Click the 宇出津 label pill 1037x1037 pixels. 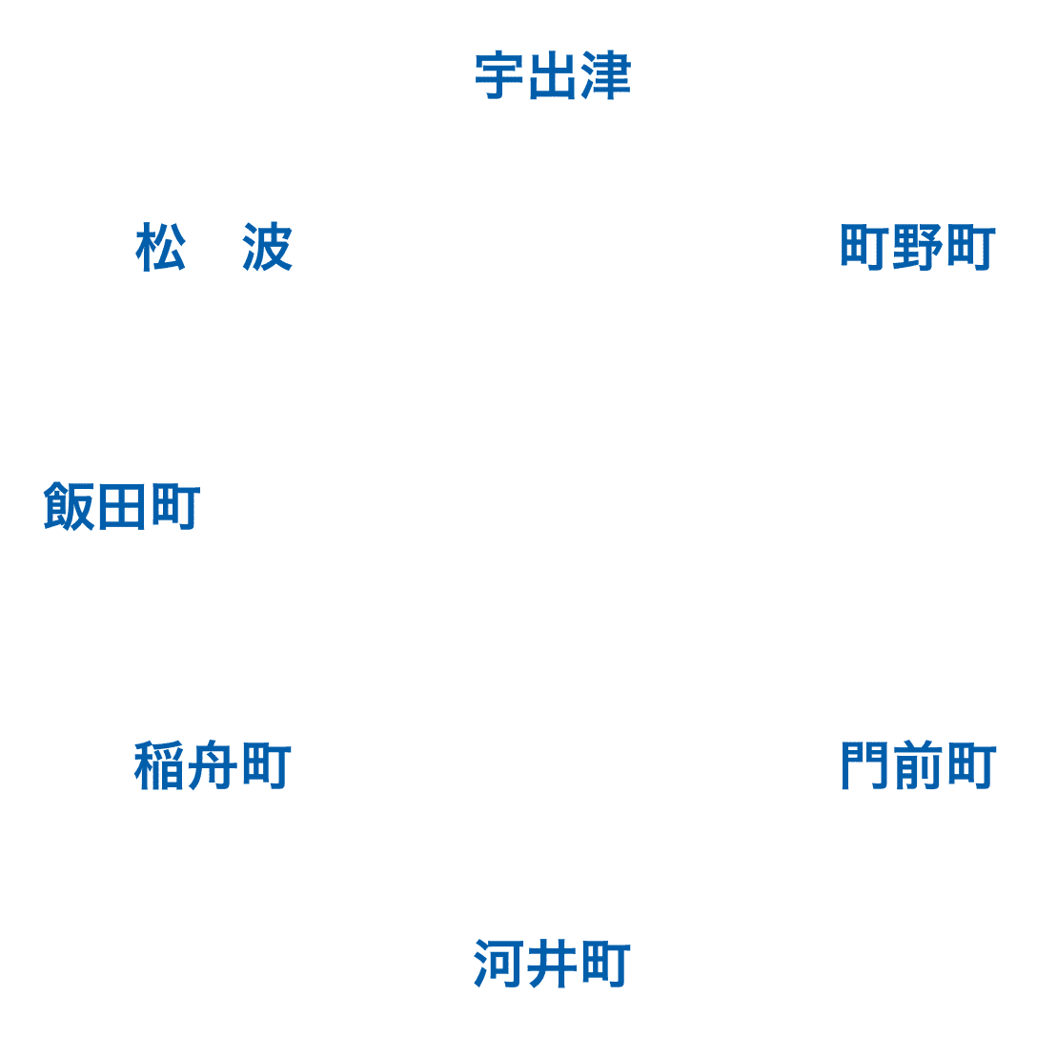coord(552,76)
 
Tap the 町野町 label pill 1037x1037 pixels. coord(917,248)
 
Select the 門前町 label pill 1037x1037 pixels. coord(918,766)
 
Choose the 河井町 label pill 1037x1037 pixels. coord(552,965)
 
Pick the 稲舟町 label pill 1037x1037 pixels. coord(213,766)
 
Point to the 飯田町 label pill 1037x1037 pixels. coord(122,507)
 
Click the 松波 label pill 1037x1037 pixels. coord(213,248)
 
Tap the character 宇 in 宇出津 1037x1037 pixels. coord(500,76)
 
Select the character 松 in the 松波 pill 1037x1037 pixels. coord(161,248)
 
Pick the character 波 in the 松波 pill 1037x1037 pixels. coord(266,248)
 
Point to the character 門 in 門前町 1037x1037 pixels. coord(865,766)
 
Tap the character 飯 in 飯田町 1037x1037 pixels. coord(70,507)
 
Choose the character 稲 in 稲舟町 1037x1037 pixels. coord(159,766)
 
